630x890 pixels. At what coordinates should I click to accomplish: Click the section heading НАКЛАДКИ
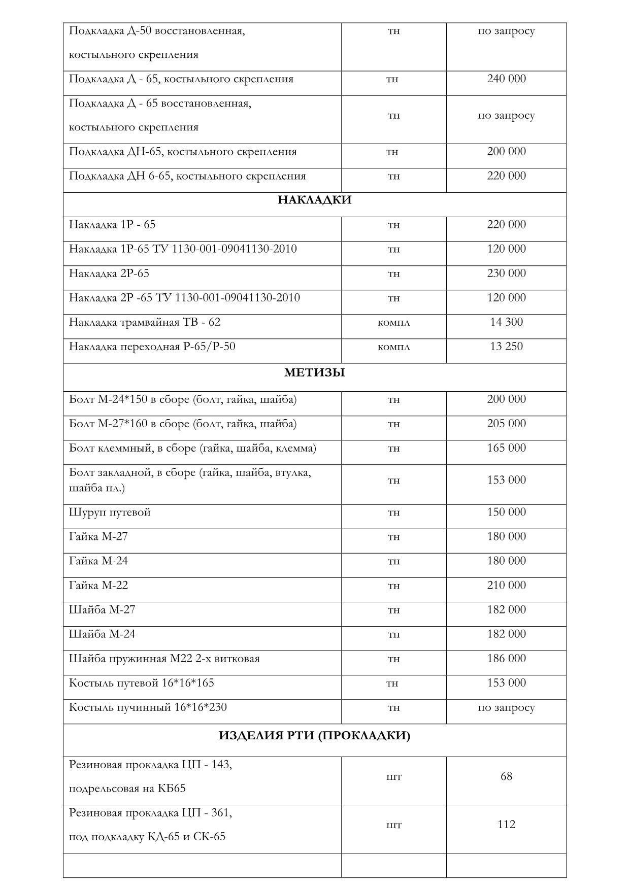pyautogui.click(x=314, y=200)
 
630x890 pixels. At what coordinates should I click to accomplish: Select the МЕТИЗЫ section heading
pyautogui.click(x=314, y=373)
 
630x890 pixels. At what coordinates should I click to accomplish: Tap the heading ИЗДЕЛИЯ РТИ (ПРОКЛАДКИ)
pyautogui.click(x=314, y=735)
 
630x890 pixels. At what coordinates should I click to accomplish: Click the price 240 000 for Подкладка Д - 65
pyautogui.click(x=506, y=79)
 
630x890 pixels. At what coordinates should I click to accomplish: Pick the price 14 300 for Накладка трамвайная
pyautogui.click(x=506, y=322)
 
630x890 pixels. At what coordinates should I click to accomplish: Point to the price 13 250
pyautogui.click(x=506, y=347)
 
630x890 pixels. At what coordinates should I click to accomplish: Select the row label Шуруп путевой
pyautogui.click(x=110, y=512)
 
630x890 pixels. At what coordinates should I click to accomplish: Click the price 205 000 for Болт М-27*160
pyautogui.click(x=506, y=424)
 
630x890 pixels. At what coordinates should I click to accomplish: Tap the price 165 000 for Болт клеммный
pyautogui.click(x=506, y=448)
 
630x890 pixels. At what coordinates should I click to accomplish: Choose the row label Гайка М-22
pyautogui.click(x=98, y=586)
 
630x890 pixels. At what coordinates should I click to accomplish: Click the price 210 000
pyautogui.click(x=506, y=586)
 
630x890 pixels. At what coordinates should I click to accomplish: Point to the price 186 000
pyautogui.click(x=506, y=659)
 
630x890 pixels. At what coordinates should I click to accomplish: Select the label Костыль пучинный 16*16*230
pyautogui.click(x=148, y=707)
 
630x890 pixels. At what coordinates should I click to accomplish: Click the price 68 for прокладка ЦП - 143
pyautogui.click(x=506, y=776)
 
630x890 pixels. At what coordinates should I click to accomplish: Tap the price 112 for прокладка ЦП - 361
pyautogui.click(x=506, y=825)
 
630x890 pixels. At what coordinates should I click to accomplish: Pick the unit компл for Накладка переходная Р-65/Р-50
pyautogui.click(x=393, y=347)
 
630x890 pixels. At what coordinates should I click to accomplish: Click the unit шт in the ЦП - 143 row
pyautogui.click(x=393, y=777)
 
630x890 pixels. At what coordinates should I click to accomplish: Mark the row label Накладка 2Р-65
pyautogui.click(x=109, y=273)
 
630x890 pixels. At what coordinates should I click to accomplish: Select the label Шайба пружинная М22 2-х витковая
pyautogui.click(x=164, y=659)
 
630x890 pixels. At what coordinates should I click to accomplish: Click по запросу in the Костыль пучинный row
pyautogui.click(x=506, y=708)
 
